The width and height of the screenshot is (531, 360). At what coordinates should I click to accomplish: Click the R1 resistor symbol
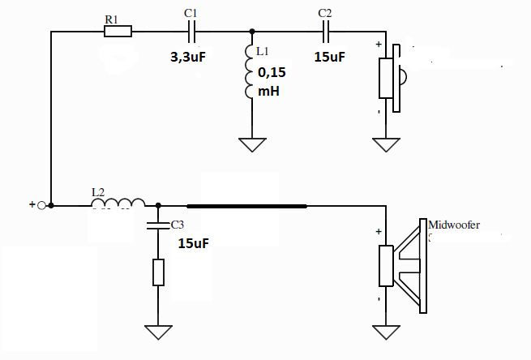point(118,31)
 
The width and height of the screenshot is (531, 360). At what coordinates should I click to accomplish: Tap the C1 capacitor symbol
point(191,32)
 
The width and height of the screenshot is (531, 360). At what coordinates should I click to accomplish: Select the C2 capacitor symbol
point(325,32)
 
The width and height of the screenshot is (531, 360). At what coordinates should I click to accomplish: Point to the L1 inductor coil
point(249,71)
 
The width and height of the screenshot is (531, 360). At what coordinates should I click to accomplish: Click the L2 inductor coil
point(118,203)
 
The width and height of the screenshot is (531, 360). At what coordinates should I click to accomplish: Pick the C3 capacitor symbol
point(158,225)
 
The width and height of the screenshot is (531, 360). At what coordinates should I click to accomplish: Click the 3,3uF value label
point(188,57)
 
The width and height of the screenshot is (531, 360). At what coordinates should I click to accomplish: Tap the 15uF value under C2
point(329,57)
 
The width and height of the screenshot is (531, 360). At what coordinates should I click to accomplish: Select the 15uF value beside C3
point(194,243)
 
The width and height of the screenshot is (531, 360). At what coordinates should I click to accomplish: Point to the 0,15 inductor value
point(272,72)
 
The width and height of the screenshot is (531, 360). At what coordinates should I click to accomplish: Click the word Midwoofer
point(454,225)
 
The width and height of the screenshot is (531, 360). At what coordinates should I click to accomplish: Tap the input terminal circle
point(41,205)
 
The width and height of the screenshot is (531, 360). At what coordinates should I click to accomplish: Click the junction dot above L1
point(252,32)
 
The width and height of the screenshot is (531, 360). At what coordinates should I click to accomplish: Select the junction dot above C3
point(158,205)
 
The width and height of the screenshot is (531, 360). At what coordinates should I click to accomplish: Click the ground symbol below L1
point(252,144)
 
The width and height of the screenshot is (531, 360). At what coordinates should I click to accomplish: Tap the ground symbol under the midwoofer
point(386,332)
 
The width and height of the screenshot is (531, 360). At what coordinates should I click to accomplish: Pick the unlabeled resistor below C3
point(158,272)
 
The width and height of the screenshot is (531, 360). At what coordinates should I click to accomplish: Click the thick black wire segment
point(247,206)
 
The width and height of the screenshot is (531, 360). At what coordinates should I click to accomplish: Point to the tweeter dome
point(404,76)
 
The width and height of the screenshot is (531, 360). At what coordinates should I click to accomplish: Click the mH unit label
point(268,91)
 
